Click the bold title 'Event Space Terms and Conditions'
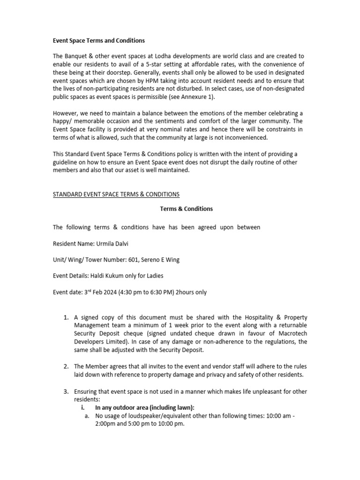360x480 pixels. tap(99, 40)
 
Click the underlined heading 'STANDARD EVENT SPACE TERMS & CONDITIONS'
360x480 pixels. tap(116, 194)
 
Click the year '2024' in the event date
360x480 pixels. tap(115, 292)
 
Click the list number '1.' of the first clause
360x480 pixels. tap(66, 318)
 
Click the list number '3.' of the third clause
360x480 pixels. tap(66, 391)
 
